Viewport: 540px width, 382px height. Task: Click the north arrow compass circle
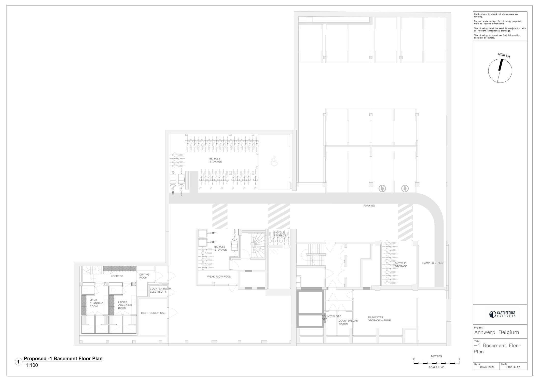click(488, 71)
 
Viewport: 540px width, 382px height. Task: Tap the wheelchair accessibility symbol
click(274, 161)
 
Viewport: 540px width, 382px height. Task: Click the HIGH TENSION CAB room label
click(153, 313)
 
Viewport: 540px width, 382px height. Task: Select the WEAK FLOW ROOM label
click(219, 277)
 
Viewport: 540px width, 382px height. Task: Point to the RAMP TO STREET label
click(433, 263)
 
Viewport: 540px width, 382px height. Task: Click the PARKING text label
click(369, 206)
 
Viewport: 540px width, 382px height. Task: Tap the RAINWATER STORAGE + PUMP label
click(379, 319)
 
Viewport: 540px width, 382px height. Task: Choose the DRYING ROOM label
click(144, 276)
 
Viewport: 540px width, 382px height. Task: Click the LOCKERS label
click(117, 276)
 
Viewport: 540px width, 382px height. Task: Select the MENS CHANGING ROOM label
click(96, 303)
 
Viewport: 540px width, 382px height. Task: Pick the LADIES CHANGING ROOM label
click(125, 305)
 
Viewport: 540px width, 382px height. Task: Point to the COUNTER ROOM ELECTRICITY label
click(160, 290)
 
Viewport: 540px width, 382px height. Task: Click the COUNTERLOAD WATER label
click(348, 322)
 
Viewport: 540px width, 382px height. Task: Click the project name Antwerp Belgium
click(496, 332)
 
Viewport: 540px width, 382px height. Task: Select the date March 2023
click(487, 367)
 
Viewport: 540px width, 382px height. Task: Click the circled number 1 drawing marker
click(18, 362)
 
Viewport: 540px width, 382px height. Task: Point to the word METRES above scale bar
click(436, 356)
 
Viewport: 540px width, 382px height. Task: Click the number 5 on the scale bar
click(459, 359)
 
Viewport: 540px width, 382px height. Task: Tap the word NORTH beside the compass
click(504, 55)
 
